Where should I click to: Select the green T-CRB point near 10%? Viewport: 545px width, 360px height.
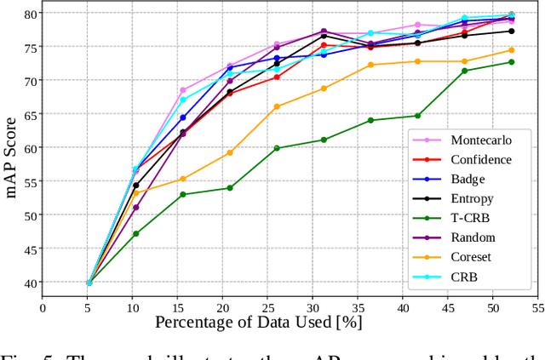point(136,233)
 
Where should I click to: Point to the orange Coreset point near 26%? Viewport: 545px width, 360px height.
point(277,106)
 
